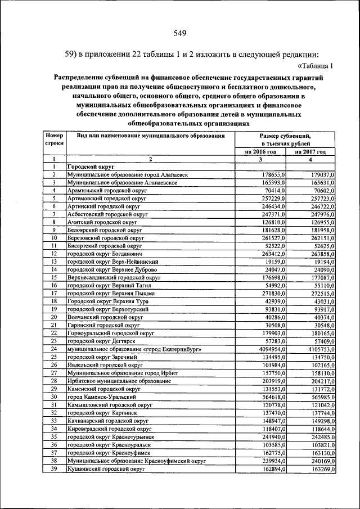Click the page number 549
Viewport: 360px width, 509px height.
pyautogui.click(x=180, y=33)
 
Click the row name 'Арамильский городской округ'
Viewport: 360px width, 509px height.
pyautogui.click(x=103, y=191)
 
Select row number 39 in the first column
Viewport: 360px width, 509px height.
pyautogui.click(x=53, y=467)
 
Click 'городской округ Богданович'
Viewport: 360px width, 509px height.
pyautogui.click(x=102, y=254)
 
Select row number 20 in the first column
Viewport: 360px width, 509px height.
pyautogui.click(x=53, y=317)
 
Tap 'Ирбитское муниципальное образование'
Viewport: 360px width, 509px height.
pyautogui.click(x=119, y=380)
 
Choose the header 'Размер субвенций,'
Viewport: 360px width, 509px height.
pyautogui.click(x=285, y=136)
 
